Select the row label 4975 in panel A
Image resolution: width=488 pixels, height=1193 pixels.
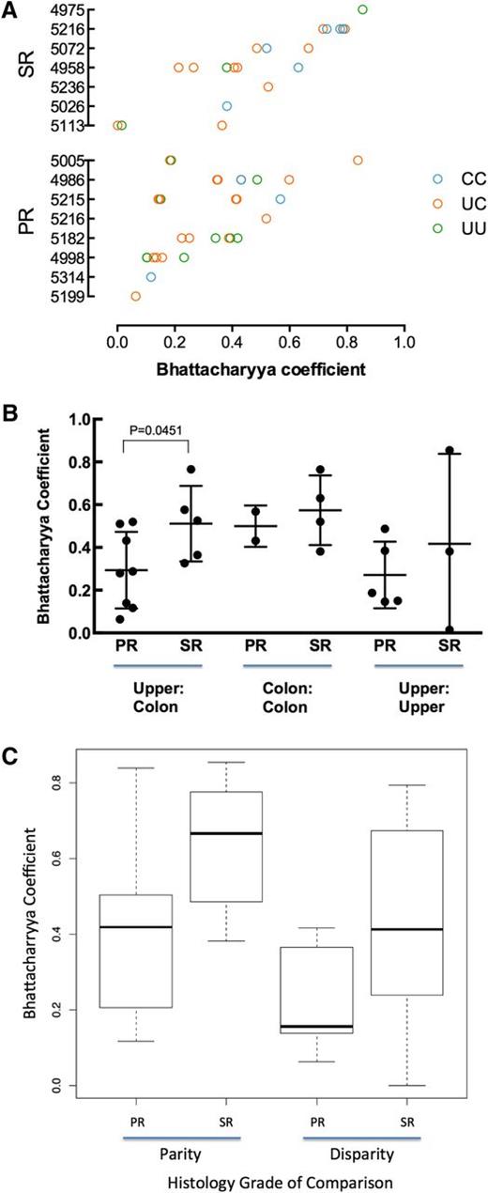[71, 9]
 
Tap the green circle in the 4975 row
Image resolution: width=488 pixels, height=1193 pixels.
[363, 9]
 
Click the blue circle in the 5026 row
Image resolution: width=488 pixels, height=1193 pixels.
[226, 106]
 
